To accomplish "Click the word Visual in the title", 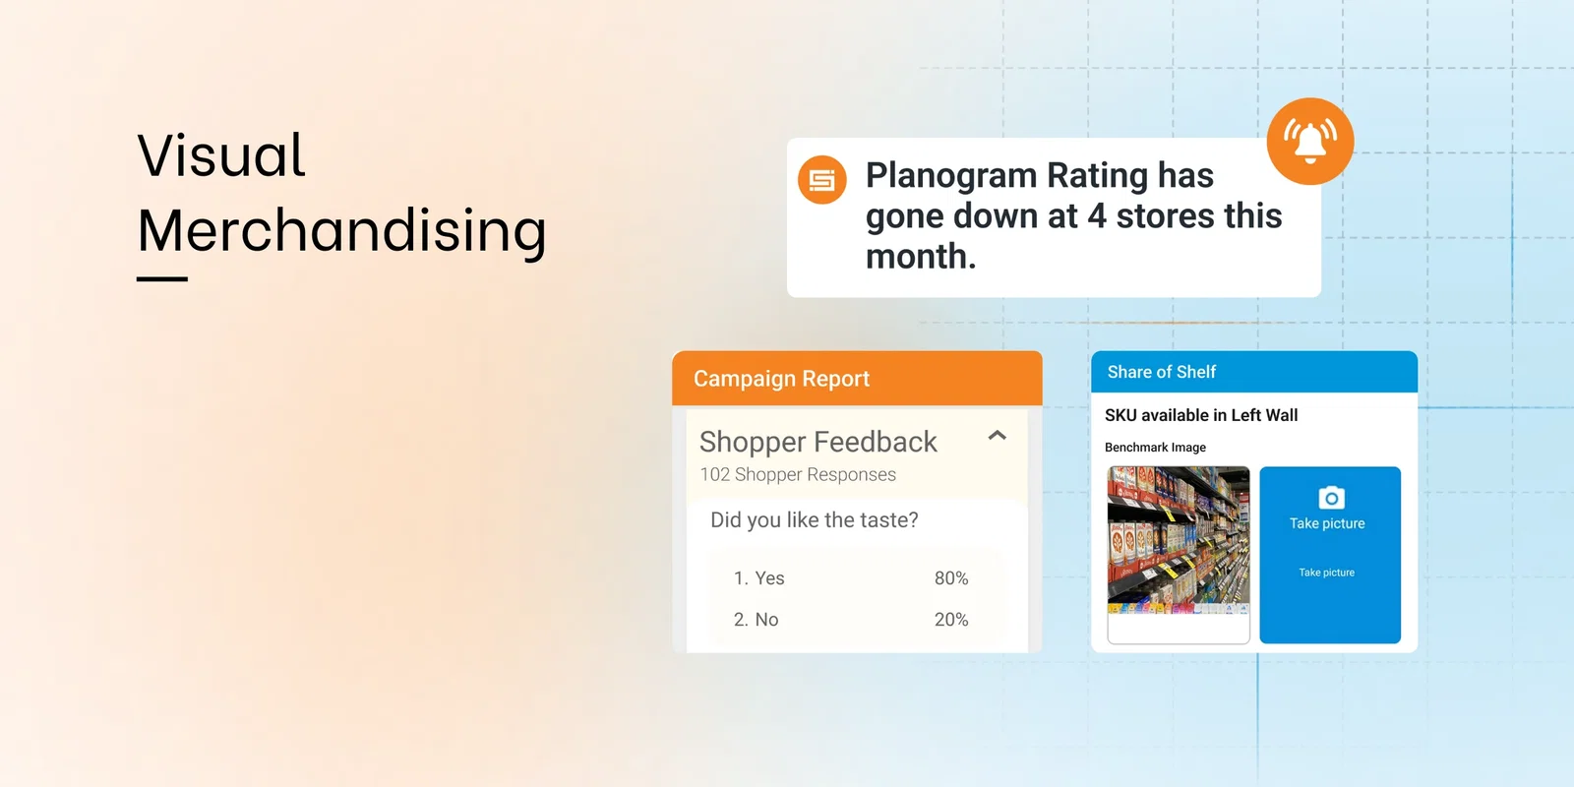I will pos(221,155).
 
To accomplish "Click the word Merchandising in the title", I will pos(341,230).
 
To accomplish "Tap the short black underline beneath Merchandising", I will pos(162,279).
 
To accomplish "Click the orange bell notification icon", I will pos(1309,142).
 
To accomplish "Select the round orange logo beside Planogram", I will pos(821,180).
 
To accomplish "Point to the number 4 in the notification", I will pos(1097,215).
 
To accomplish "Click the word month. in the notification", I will pos(921,257).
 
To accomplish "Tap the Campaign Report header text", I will pos(781,379).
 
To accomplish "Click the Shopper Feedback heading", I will pos(817,442).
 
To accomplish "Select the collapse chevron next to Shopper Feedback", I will pos(997,435).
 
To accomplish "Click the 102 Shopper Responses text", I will pos(798,474).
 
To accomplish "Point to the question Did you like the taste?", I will pos(814,519).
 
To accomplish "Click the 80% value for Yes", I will pos(950,578).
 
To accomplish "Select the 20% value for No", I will pos(950,620).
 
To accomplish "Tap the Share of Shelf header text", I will pos(1161,372).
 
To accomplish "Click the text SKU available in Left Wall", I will pos(1200,415).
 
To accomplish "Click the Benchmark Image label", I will pos(1155,448).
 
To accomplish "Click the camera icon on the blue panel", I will pos(1330,498).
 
